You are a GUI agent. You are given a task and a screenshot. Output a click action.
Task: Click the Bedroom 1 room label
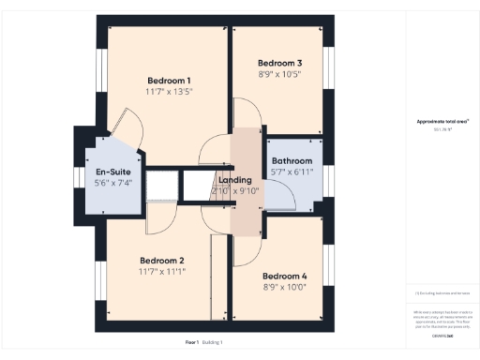tap(169, 80)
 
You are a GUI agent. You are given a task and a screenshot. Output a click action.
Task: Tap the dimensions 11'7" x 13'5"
tap(169, 92)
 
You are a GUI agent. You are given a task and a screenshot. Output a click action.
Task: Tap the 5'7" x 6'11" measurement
tap(291, 172)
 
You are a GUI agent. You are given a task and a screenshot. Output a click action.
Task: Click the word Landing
tap(234, 179)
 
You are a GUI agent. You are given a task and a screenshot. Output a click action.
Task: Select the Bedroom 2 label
tap(161, 261)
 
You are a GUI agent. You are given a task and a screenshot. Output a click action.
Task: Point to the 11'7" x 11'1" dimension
tap(161, 272)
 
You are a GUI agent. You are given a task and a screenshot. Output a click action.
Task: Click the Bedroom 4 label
tap(285, 276)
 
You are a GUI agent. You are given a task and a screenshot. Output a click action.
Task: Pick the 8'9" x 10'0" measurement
tap(285, 287)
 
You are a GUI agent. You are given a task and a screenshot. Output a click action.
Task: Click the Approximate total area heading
tap(441, 122)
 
